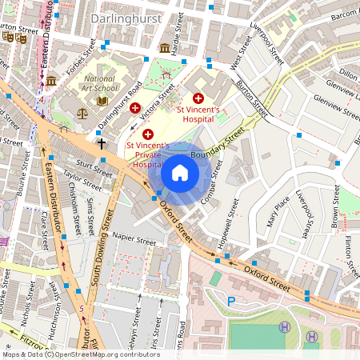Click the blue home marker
point(180,173)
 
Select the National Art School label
point(101,84)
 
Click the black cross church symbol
point(101,144)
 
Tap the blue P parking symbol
point(232,302)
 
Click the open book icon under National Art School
point(102,100)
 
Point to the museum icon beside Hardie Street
point(165,47)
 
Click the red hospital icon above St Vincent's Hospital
point(198,96)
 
